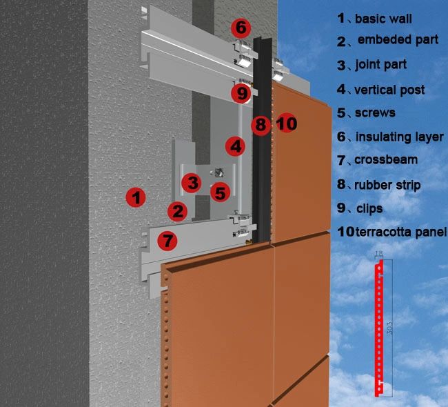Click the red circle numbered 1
coord(136,197)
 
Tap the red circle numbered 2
coord(178,211)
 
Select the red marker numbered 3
coord(192,183)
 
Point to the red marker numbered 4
coord(236,146)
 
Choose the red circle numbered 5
coord(219,192)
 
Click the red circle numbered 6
coord(239,28)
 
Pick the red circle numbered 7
coord(167,241)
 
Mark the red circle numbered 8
coord(260,125)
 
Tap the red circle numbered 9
coord(241,92)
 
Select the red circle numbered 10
coord(286,124)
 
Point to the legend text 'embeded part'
coord(397,40)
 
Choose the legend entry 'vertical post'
coord(389,90)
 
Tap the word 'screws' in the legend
coord(375,112)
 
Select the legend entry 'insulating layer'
coord(399,137)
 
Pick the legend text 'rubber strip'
coord(387,184)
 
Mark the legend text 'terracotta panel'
coord(401,232)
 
